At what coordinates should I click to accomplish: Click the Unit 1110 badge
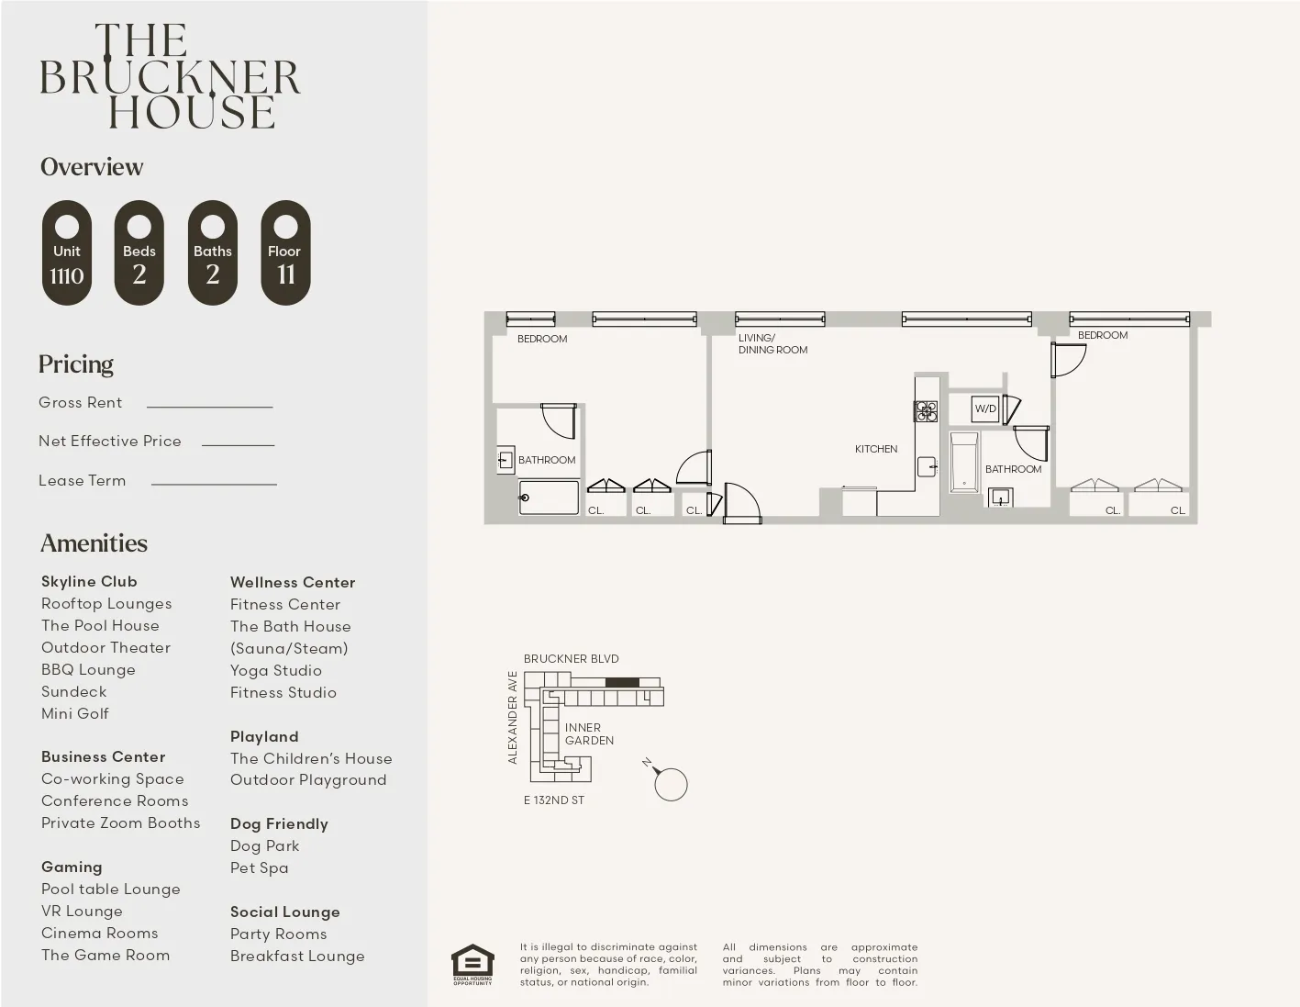pyautogui.click(x=67, y=252)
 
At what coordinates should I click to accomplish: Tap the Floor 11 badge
pyautogui.click(x=285, y=252)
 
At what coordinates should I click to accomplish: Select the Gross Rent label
pyautogui.click(x=81, y=402)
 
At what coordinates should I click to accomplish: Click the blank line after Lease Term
pyautogui.click(x=214, y=483)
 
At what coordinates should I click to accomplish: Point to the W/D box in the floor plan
pyautogui.click(x=985, y=408)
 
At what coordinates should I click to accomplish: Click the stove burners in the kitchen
pyautogui.click(x=926, y=410)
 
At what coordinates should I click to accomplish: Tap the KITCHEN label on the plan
pyautogui.click(x=876, y=449)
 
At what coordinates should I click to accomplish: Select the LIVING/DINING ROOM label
pyautogui.click(x=772, y=344)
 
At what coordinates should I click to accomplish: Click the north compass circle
pyautogui.click(x=671, y=785)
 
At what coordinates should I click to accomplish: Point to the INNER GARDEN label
pyautogui.click(x=589, y=733)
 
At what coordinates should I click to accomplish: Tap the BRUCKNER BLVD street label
pyautogui.click(x=571, y=658)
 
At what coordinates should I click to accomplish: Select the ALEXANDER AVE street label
pyautogui.click(x=513, y=717)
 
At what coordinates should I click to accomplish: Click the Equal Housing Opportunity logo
pyautogui.click(x=472, y=964)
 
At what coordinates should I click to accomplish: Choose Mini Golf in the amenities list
pyautogui.click(x=75, y=713)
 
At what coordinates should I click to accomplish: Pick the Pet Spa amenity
pyautogui.click(x=260, y=867)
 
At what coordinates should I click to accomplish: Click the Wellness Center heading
pyautogui.click(x=293, y=582)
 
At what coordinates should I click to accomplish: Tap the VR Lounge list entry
pyautogui.click(x=82, y=911)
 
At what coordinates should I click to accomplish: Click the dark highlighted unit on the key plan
pyautogui.click(x=622, y=682)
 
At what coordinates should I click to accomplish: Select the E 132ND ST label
pyautogui.click(x=554, y=800)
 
